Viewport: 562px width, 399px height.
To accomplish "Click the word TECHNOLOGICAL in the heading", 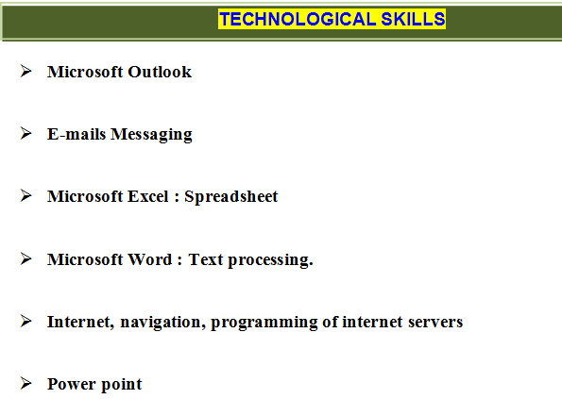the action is point(298,19).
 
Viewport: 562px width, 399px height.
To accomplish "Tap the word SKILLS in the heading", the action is point(413,19).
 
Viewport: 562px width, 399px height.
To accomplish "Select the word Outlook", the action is point(160,72).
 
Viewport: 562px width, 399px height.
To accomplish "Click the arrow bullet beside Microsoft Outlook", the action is point(26,71).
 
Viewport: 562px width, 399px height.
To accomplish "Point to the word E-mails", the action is point(77,134).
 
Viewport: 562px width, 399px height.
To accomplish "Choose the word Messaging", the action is point(151,135).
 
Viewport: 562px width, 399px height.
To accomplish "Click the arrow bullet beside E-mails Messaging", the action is point(26,133).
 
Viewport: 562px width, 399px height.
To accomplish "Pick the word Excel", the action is point(148,196).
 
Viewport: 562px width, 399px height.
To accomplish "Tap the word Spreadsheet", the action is point(231,196).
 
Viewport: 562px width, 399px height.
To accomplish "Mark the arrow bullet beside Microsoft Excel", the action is point(26,195).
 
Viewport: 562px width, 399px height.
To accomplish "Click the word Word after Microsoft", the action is point(150,259).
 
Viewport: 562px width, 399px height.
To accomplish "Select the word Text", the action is point(206,259).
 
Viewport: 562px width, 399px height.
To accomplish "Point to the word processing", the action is point(270,260).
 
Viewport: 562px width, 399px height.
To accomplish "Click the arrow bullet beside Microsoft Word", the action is point(26,258).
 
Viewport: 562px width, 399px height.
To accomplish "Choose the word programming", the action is point(264,323).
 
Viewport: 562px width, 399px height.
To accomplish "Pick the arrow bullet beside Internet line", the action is point(26,321).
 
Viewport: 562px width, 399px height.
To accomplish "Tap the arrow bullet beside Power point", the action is point(26,383).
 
